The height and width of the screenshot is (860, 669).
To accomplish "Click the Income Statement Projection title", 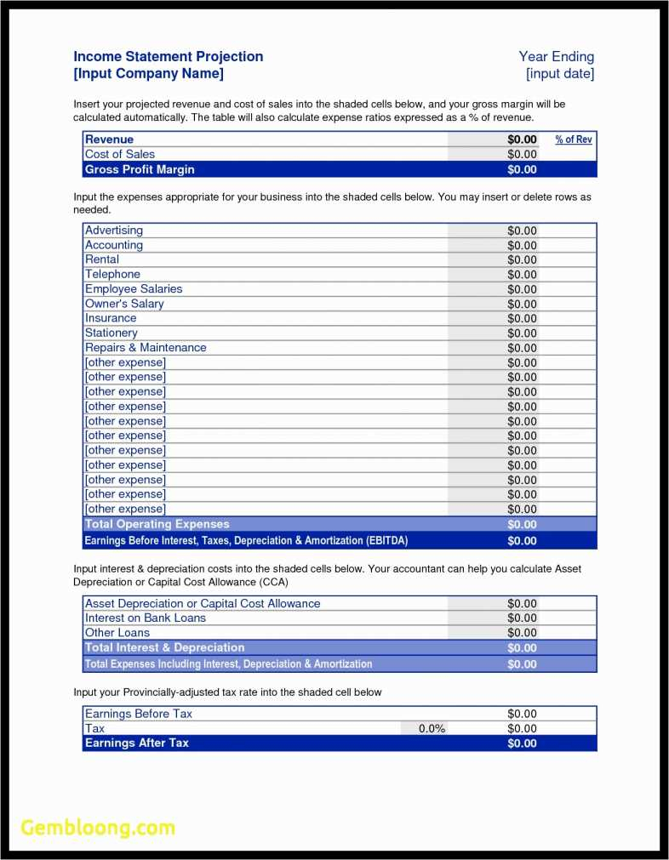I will tap(169, 57).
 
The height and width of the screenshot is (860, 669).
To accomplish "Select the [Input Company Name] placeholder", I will tap(149, 74).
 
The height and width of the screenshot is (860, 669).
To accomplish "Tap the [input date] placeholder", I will tap(559, 74).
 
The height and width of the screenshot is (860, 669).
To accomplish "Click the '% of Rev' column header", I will tap(574, 140).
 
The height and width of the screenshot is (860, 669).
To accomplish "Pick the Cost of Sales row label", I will tap(120, 154).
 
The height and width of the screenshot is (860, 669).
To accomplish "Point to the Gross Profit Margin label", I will tap(140, 169).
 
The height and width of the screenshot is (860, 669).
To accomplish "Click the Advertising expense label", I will tap(114, 231).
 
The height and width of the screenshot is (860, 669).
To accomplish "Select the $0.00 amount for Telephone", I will tap(522, 275).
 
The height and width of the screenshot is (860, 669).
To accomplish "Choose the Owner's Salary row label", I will tap(124, 304).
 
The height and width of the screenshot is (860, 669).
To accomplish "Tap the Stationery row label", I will tap(111, 333).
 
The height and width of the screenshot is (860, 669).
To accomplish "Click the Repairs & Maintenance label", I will tap(146, 348).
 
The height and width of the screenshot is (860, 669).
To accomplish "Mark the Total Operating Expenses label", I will tap(157, 524).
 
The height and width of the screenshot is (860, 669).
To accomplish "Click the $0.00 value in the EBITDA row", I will tap(522, 541).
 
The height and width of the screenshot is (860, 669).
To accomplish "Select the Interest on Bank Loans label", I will tap(146, 618).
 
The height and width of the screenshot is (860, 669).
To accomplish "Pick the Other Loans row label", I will tap(117, 633).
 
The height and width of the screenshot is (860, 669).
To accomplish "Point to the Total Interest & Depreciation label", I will tap(165, 648).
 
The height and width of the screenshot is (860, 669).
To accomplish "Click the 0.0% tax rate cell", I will tap(432, 729).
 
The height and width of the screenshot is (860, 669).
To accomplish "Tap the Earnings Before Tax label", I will tap(139, 714).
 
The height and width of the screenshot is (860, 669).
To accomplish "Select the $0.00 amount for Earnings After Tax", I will tap(522, 743).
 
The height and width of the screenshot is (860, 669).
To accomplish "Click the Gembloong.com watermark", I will tap(98, 828).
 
